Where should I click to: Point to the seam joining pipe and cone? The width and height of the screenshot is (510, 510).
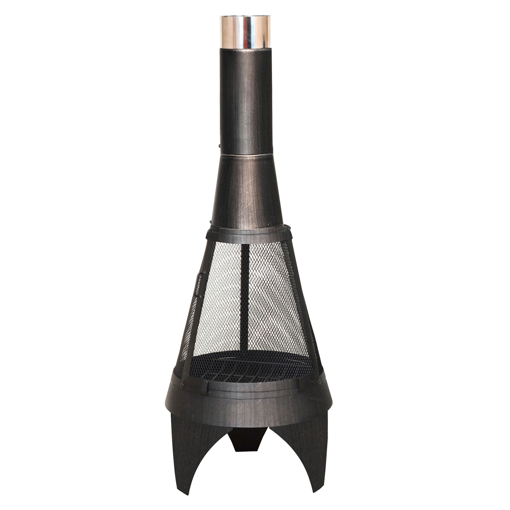click(x=246, y=155)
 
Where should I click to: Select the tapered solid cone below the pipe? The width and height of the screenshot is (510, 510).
click(x=247, y=190)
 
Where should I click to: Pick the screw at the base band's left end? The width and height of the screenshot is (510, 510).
click(x=183, y=385)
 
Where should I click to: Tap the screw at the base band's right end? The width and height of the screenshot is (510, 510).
click(x=319, y=382)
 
